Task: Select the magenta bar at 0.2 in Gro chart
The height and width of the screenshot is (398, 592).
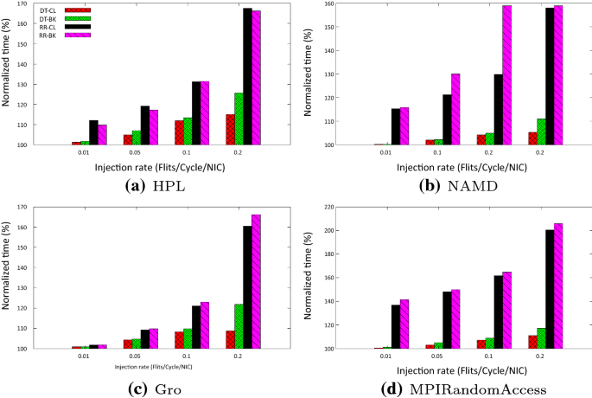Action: [x=256, y=281]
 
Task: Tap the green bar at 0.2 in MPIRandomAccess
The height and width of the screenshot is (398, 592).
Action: [x=542, y=338]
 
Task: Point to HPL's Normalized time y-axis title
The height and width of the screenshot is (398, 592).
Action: [x=8, y=73]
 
